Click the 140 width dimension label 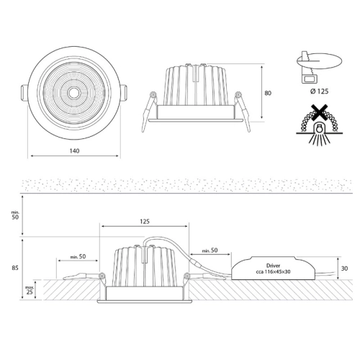74,151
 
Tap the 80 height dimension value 268,93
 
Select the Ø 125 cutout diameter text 319,91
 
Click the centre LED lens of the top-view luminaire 73,93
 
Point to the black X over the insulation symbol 319,112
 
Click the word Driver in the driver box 273,266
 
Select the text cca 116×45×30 273,271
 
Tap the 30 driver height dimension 344,269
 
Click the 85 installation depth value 15,268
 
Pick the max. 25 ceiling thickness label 30,289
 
